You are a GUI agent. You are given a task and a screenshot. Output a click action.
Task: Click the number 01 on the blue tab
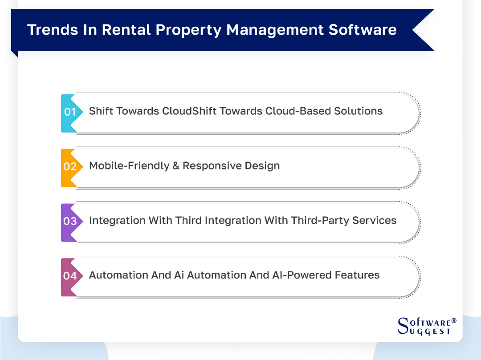click(x=70, y=112)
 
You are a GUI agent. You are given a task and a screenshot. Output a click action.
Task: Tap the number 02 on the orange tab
click(x=70, y=166)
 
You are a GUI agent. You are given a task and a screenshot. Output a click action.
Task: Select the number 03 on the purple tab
click(x=70, y=221)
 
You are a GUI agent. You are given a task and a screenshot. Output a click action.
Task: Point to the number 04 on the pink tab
click(x=70, y=276)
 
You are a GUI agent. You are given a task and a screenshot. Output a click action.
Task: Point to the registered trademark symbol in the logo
click(x=454, y=320)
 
